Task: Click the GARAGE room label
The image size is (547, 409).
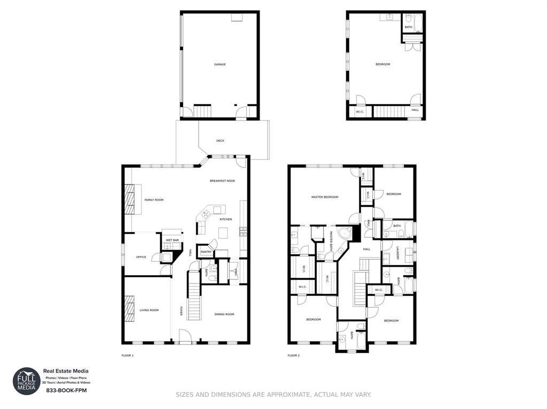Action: (220, 65)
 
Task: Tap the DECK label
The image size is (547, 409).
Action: (220, 141)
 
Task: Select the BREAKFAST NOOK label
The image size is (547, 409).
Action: (222, 181)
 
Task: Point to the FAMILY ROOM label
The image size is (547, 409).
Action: (154, 200)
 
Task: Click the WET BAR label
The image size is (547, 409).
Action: (172, 240)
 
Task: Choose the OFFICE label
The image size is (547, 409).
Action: (141, 257)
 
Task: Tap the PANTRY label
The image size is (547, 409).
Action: (206, 252)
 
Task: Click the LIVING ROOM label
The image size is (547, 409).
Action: (149, 310)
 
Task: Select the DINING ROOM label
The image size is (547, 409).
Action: (224, 314)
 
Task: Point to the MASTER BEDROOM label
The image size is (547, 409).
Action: (325, 197)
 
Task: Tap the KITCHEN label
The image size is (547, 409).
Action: (226, 219)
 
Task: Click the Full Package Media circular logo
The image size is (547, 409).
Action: (27, 381)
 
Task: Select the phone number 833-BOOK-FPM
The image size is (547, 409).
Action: (66, 391)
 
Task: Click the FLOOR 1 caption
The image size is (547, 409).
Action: (128, 355)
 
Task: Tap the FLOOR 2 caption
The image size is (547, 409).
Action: (293, 355)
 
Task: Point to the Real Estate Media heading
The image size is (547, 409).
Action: (66, 371)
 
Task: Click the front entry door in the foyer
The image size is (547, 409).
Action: (185, 337)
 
